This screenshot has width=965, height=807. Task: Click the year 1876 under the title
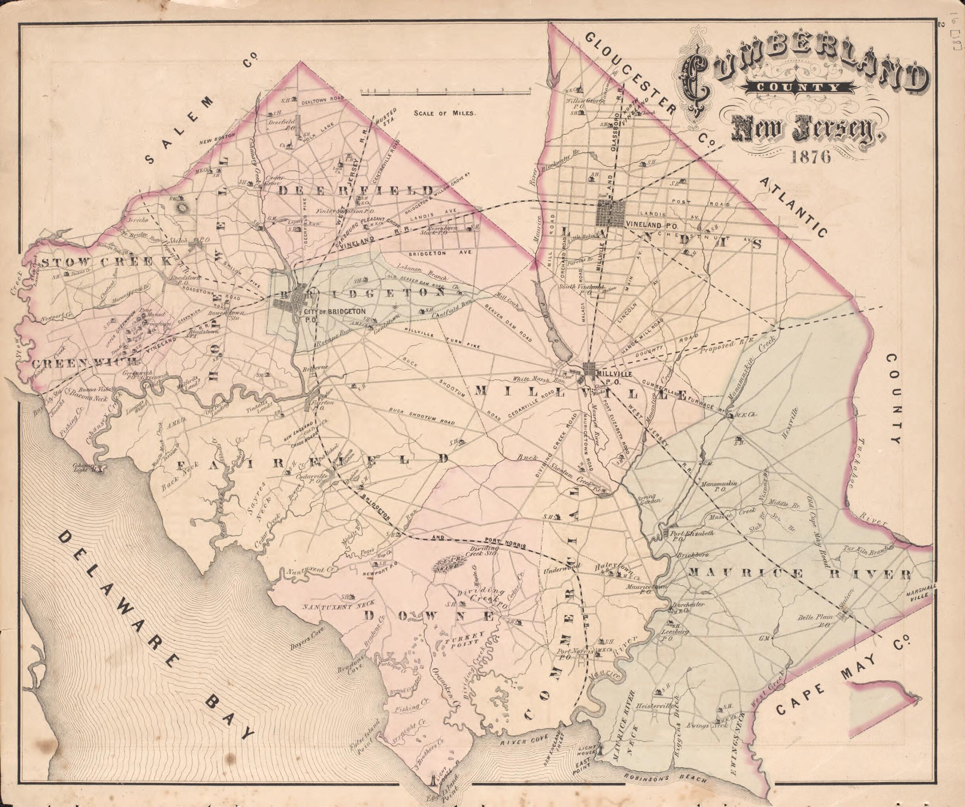pos(811,157)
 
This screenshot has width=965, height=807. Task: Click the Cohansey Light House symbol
pos(98,469)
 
